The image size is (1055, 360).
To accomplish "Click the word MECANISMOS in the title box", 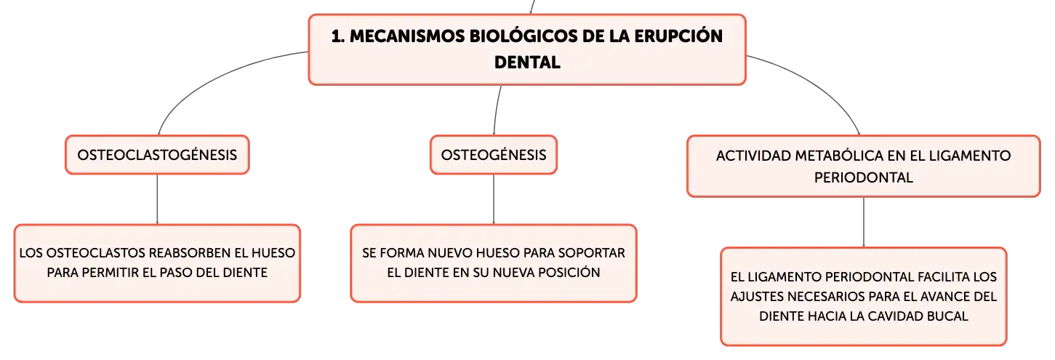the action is [407, 36].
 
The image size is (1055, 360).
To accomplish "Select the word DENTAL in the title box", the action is [527, 63].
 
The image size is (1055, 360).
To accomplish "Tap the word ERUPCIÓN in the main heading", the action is [678, 36].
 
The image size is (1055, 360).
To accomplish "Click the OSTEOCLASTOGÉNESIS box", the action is [157, 155].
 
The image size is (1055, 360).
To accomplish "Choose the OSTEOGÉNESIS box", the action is [494, 155].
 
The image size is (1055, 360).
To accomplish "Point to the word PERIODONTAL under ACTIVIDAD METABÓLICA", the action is [863, 177].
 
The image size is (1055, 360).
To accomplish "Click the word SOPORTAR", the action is [592, 253].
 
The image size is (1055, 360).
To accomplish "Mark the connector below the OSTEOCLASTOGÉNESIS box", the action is [157, 199].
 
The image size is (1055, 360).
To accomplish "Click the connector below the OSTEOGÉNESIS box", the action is [494, 199].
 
